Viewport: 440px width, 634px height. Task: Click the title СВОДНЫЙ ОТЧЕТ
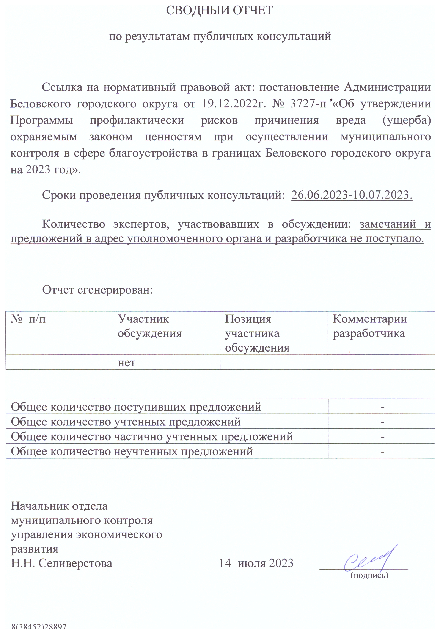pyautogui.click(x=219, y=11)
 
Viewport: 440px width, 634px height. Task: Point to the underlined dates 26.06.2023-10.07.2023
pyautogui.click(x=352, y=195)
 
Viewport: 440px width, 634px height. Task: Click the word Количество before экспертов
pyautogui.click(x=74, y=224)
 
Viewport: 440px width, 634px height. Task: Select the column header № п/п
pyautogui.click(x=28, y=319)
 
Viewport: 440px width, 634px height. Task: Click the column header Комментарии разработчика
pyautogui.click(x=369, y=326)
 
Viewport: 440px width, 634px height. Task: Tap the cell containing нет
pyautogui.click(x=127, y=362)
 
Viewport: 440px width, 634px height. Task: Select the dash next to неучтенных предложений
pyautogui.click(x=382, y=452)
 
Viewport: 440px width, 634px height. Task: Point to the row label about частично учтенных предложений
pyautogui.click(x=152, y=437)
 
